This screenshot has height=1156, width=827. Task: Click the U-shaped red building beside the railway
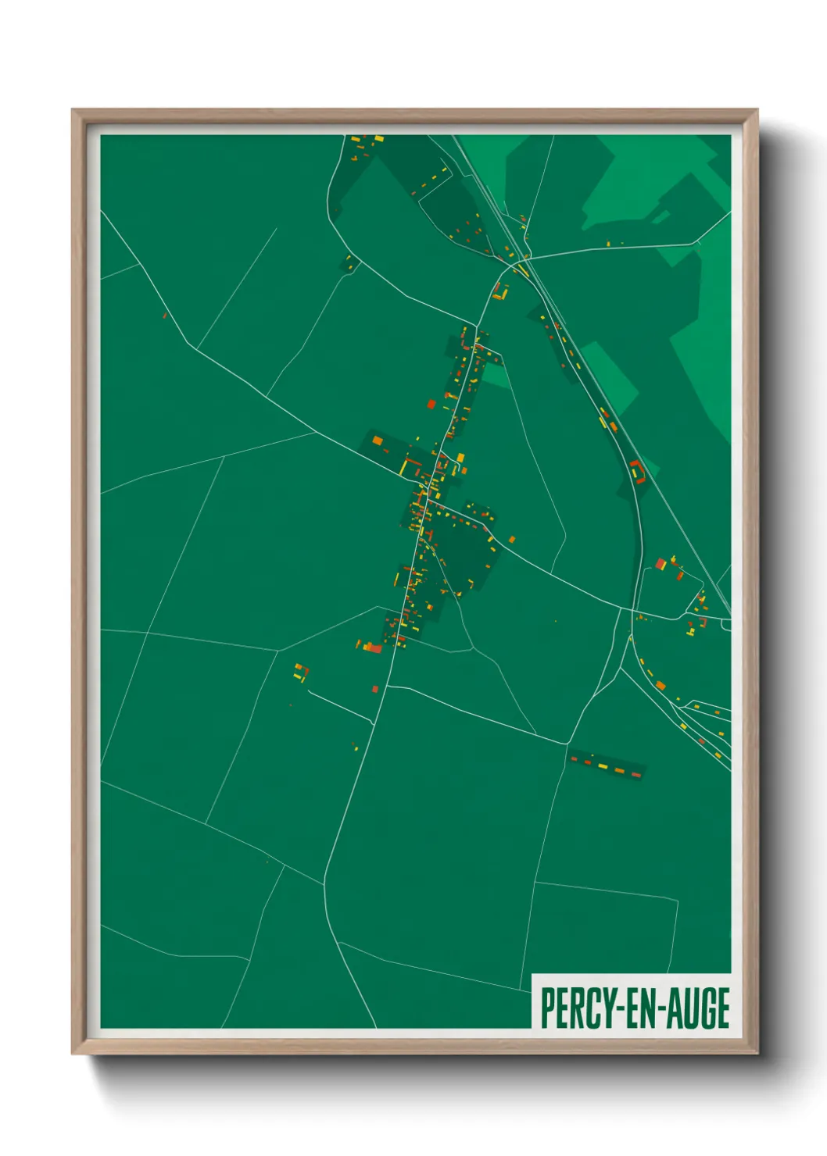pyautogui.click(x=638, y=471)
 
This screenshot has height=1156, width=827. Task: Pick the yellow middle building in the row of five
pyautogui.click(x=603, y=766)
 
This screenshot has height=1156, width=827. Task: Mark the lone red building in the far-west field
pyautogui.click(x=165, y=316)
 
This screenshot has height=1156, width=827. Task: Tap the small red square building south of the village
pyautogui.click(x=375, y=689)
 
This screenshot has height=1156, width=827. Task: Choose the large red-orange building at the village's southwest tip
pyautogui.click(x=372, y=647)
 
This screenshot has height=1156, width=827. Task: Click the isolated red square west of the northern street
pyautogui.click(x=431, y=404)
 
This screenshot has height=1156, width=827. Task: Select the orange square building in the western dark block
pyautogui.click(x=378, y=441)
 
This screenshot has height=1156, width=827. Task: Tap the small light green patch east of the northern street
pyautogui.click(x=495, y=375)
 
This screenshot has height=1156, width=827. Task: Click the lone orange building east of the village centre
pyautogui.click(x=512, y=539)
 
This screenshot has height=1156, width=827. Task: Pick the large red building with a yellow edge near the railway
pyautogui.click(x=661, y=563)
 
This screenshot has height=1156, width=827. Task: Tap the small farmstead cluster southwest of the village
pyautogui.click(x=301, y=673)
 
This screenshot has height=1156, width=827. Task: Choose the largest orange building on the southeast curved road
pyautogui.click(x=661, y=685)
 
